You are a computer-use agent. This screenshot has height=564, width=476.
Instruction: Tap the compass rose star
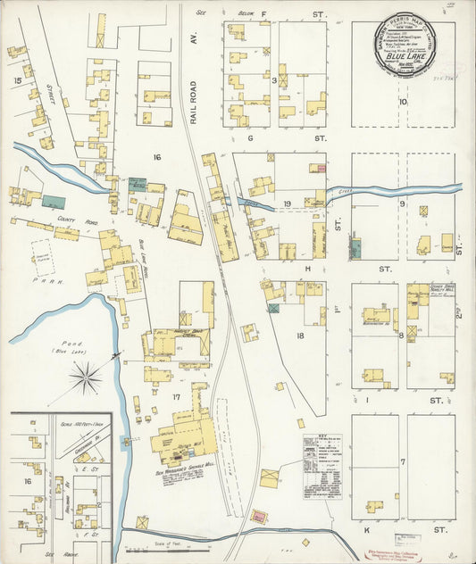[87, 377]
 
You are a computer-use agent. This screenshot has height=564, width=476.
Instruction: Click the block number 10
[404, 102]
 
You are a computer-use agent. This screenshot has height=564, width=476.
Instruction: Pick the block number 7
[403, 461]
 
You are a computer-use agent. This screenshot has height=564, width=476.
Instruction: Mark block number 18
[301, 336]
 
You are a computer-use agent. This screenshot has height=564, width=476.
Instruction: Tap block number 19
[288, 204]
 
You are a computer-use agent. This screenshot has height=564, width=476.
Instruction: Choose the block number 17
[177, 396]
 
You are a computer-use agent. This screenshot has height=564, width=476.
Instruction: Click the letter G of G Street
[251, 138]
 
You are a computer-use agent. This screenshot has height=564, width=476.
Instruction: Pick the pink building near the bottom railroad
[258, 516]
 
